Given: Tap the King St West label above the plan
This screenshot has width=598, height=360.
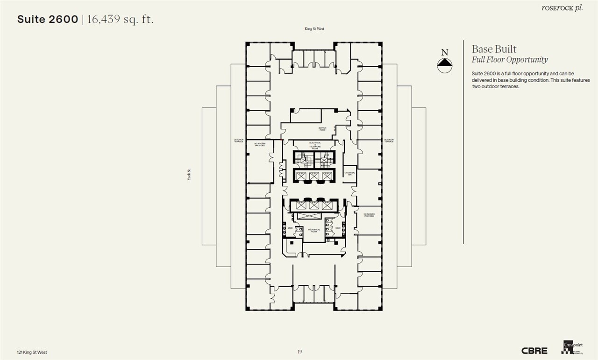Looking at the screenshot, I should click(x=314, y=29).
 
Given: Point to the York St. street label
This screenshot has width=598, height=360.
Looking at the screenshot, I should click(x=189, y=175).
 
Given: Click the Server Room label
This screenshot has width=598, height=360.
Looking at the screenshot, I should click(x=322, y=129).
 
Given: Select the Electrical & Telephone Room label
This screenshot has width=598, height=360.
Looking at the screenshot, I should click(x=314, y=145).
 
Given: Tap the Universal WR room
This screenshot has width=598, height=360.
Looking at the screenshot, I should click(x=350, y=173).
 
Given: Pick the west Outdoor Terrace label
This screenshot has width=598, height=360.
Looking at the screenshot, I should click(x=239, y=140).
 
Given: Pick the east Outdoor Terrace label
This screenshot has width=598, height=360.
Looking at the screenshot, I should click(x=389, y=140).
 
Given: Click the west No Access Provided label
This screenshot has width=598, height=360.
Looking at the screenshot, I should click(x=260, y=145).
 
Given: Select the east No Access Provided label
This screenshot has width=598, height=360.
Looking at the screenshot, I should click(x=369, y=215).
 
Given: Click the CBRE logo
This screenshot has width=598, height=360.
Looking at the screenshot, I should click(x=534, y=351).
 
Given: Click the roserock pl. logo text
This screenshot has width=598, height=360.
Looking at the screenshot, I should click(x=562, y=8).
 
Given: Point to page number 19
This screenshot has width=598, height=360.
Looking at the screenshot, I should click(x=299, y=352).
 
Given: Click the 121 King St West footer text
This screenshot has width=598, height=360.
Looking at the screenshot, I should click(x=32, y=352).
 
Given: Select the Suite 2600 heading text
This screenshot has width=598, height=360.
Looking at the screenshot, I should click(x=48, y=20).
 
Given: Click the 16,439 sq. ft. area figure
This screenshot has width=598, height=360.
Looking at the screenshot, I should click(x=120, y=20).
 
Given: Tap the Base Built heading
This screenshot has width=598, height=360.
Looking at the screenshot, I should click(x=494, y=49).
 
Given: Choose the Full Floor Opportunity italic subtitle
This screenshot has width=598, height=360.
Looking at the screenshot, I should click(x=510, y=60).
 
